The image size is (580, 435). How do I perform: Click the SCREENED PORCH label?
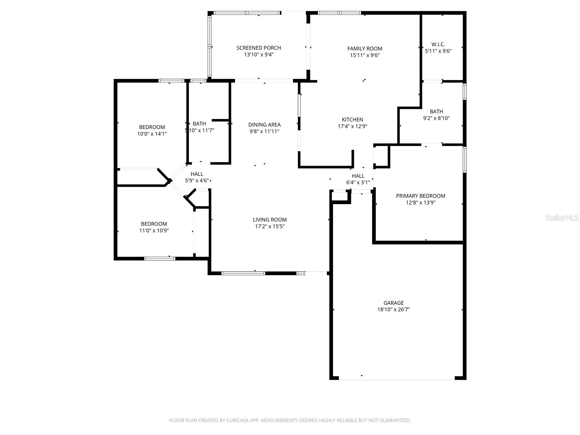(258, 48)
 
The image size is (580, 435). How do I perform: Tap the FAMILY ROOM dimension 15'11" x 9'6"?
(365, 55)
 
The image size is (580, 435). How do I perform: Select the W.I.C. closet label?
(438, 45)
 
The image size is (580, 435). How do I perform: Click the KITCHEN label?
(352, 120)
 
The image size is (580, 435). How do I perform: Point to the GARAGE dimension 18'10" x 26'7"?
(394, 310)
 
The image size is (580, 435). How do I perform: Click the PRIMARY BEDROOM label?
(420, 196)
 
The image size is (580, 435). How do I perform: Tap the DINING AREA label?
(264, 125)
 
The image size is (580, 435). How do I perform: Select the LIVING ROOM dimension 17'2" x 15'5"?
(270, 226)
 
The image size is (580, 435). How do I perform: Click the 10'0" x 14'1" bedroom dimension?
(152, 134)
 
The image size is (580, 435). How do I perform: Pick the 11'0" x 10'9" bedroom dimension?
(154, 231)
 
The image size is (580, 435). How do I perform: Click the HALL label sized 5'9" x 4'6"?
(197, 174)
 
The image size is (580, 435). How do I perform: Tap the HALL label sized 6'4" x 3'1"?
(358, 176)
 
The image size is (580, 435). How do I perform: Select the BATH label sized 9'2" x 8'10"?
(436, 112)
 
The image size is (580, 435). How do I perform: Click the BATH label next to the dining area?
(199, 124)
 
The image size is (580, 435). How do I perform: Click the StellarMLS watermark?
(562, 218)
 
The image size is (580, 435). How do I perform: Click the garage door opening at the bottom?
(397, 378)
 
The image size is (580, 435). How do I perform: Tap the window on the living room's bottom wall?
(243, 273)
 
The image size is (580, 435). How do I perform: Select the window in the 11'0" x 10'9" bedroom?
(159, 258)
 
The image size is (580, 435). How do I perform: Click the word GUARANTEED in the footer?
(395, 420)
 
